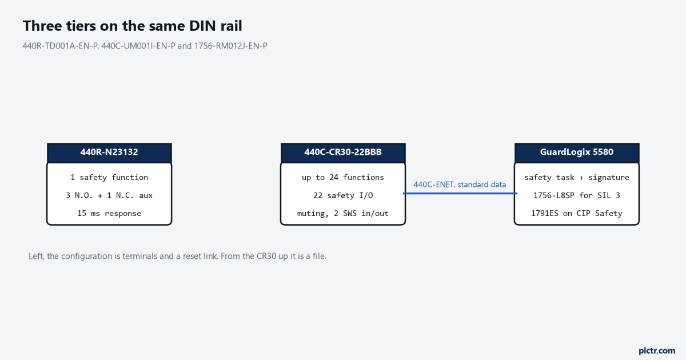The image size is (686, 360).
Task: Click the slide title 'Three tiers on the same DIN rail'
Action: click(x=132, y=26)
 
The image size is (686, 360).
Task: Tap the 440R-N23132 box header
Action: click(x=109, y=153)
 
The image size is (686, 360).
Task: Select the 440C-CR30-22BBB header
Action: click(x=343, y=153)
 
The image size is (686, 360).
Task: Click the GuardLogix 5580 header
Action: click(x=577, y=153)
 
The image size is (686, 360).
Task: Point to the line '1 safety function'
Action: click(x=109, y=178)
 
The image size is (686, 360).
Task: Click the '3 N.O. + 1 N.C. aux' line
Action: click(x=109, y=195)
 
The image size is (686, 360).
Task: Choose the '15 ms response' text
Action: click(x=109, y=213)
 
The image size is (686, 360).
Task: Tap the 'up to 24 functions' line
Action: click(x=343, y=178)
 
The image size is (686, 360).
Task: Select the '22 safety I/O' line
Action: click(x=343, y=195)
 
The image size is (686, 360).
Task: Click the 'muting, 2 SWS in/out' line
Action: click(x=343, y=213)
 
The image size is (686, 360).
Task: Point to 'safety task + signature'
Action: click(x=577, y=178)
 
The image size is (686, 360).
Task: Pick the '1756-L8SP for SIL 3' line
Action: click(x=577, y=195)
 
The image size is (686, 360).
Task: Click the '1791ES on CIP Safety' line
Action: click(x=577, y=213)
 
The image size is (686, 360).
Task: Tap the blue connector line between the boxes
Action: click(x=460, y=194)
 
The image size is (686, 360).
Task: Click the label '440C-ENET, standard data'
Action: click(x=460, y=185)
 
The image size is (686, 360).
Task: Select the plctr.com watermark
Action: click(x=657, y=351)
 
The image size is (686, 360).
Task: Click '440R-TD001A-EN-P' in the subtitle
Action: click(x=60, y=46)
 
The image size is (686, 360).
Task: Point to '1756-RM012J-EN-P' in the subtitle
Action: click(x=231, y=46)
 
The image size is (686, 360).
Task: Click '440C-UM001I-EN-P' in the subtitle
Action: click(x=138, y=46)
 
